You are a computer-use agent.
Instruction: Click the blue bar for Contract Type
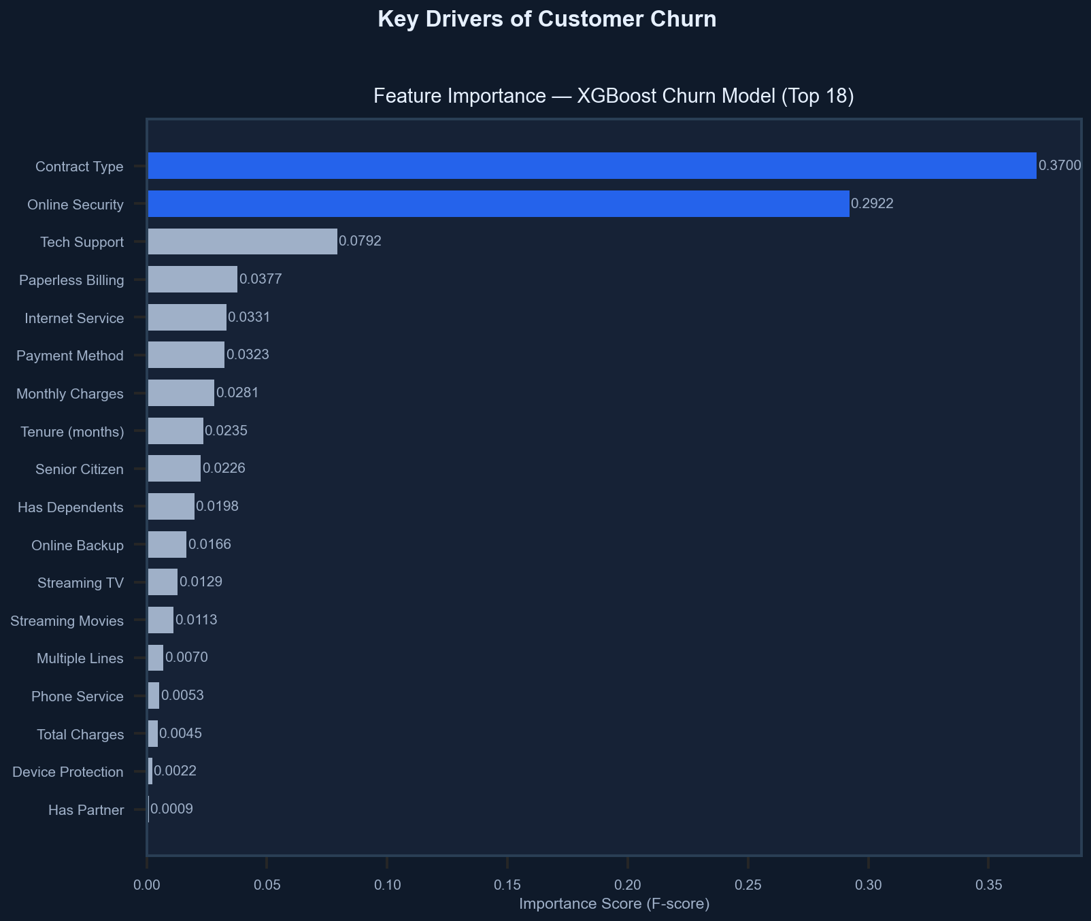click(x=592, y=166)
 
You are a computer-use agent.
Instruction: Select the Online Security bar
click(x=499, y=204)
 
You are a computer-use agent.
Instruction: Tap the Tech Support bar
click(x=243, y=241)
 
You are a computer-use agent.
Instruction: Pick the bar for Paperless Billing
click(x=192, y=280)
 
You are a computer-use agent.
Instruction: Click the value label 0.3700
click(x=1059, y=166)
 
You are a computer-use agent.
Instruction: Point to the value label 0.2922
click(x=872, y=204)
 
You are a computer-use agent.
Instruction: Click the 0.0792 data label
click(x=360, y=241)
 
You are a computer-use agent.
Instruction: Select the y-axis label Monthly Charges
click(x=70, y=394)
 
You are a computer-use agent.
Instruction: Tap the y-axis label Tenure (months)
click(x=72, y=431)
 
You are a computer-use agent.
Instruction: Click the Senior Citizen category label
click(x=80, y=469)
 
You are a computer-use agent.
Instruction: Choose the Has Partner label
click(x=86, y=810)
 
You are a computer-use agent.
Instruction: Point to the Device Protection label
click(x=68, y=772)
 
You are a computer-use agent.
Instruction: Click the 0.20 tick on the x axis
click(x=628, y=886)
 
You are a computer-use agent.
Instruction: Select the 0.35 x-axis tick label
click(x=988, y=886)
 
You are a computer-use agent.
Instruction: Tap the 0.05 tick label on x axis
click(x=267, y=886)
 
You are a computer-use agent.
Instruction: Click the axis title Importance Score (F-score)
click(x=614, y=904)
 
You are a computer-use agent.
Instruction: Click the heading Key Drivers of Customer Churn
click(x=546, y=19)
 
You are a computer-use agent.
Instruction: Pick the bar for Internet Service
click(x=187, y=318)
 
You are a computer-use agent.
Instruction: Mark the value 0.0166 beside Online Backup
click(x=209, y=545)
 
